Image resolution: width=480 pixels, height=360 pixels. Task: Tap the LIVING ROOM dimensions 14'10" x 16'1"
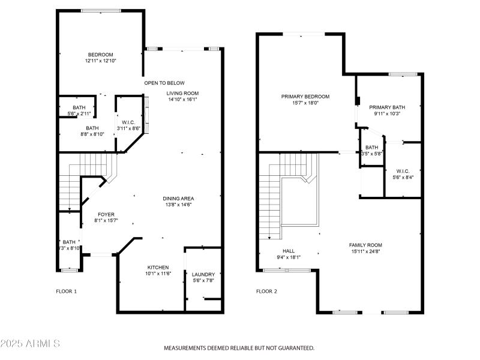coord(182,100)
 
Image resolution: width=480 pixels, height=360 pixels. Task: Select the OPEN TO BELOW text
coord(164,83)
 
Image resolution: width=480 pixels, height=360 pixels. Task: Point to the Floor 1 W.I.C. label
coord(127,122)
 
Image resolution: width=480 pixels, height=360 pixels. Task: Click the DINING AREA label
coord(178,199)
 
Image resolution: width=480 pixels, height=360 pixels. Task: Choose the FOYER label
coord(106,214)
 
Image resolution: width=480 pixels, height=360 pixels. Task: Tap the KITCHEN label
coord(158,267)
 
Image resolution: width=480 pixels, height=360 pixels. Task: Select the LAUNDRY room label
coord(203,274)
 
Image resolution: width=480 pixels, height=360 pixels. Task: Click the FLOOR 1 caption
coord(66,292)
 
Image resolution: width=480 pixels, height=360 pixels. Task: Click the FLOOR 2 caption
coord(266,292)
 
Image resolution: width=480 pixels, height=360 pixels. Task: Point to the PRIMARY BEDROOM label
coord(305,96)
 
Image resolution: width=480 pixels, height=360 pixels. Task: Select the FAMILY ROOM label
coord(365,245)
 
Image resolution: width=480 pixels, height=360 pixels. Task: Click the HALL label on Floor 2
coord(289,251)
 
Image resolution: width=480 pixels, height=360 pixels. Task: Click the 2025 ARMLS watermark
coord(30,344)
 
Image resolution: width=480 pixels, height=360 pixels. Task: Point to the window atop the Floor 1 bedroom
coord(100,10)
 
